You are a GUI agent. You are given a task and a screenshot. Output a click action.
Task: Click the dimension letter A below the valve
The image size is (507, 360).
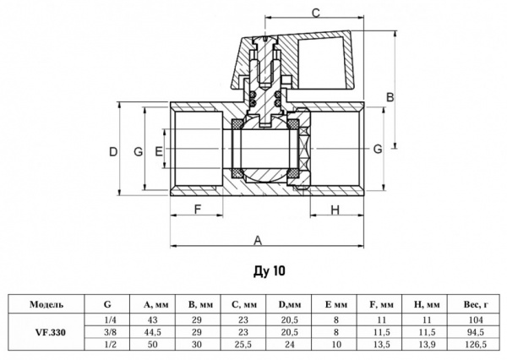click(256, 239)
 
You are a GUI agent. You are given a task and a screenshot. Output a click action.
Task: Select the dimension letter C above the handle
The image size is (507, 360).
click(314, 12)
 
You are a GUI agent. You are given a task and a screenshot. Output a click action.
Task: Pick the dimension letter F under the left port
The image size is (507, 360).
click(197, 209)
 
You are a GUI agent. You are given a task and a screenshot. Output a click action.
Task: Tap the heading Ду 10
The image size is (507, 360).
click(264, 272)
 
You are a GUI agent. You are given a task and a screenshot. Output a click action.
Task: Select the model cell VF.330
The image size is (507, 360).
click(42, 332)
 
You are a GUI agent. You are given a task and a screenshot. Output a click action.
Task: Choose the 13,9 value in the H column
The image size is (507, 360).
click(428, 345)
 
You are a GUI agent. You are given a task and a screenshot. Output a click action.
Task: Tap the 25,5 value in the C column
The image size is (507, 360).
click(245, 345)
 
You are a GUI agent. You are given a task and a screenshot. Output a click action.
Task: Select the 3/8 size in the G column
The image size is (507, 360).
click(108, 332)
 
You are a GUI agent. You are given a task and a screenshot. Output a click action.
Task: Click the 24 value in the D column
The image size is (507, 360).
click(291, 345)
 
